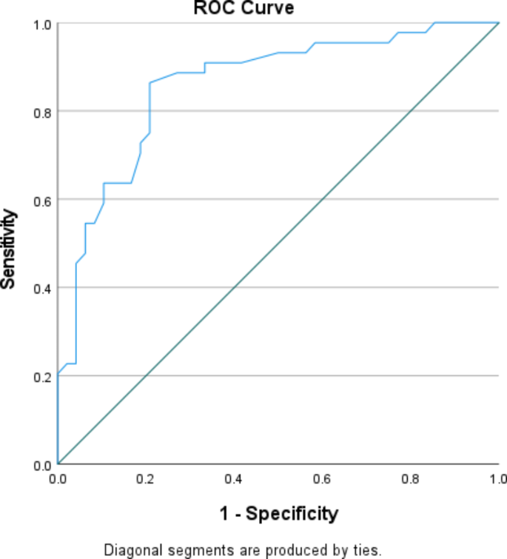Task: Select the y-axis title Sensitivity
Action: (x=10, y=248)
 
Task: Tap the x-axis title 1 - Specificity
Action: (x=278, y=513)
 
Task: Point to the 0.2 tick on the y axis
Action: (x=41, y=376)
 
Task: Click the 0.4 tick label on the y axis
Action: (x=41, y=288)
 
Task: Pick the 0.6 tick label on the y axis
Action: (x=41, y=200)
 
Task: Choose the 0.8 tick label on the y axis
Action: (x=41, y=112)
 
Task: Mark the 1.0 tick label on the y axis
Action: (x=41, y=24)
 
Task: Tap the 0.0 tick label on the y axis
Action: (x=41, y=464)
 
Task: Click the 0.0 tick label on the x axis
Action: (x=58, y=479)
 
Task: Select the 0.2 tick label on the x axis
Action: (x=146, y=479)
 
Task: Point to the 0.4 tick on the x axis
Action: (x=234, y=479)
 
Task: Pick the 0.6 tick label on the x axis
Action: (x=322, y=479)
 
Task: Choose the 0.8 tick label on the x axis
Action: (x=410, y=479)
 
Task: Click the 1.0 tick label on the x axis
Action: (x=498, y=479)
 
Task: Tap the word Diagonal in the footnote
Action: (x=127, y=550)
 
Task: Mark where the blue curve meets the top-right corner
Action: (x=498, y=23)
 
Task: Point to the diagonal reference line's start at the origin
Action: (x=58, y=463)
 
